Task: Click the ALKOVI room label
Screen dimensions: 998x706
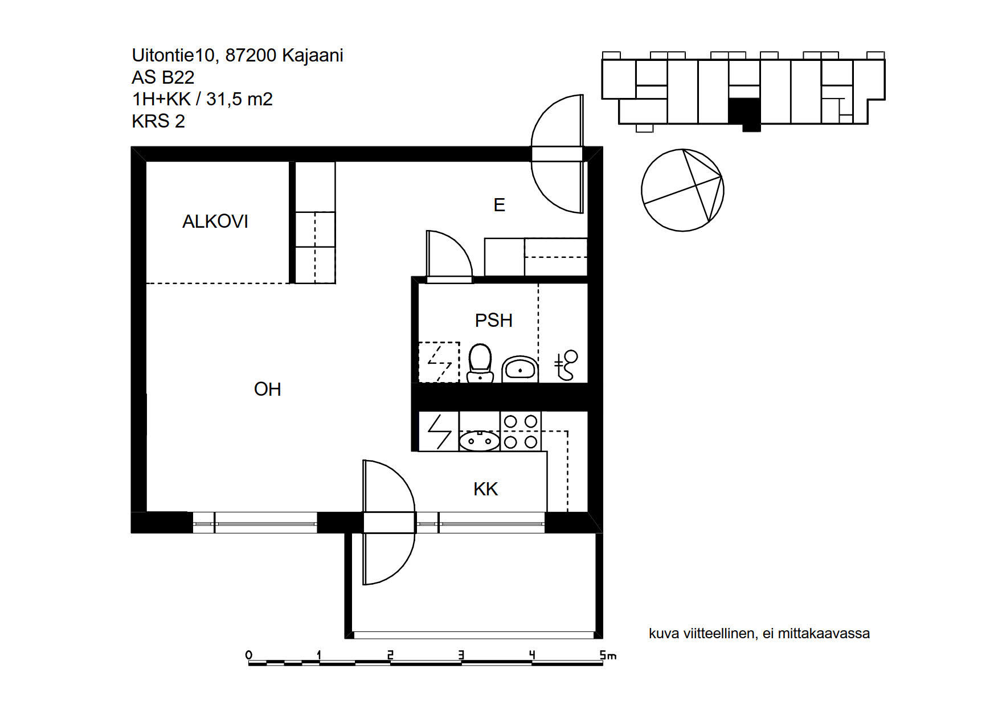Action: (x=215, y=221)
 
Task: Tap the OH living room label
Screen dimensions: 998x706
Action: (x=267, y=389)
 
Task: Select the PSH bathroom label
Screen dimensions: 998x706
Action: (x=494, y=321)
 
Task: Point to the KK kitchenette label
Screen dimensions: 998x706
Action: (x=486, y=489)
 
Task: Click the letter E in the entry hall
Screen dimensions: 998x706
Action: (x=500, y=205)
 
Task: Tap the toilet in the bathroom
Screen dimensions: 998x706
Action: (x=480, y=363)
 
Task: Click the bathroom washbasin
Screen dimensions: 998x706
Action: (x=520, y=370)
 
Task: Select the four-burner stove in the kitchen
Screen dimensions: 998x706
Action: (x=521, y=431)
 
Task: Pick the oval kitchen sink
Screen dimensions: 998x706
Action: (x=480, y=441)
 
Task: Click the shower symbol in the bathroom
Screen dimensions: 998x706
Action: (x=566, y=365)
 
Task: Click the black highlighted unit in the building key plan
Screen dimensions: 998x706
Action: (x=745, y=114)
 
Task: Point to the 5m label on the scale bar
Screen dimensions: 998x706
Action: (x=608, y=655)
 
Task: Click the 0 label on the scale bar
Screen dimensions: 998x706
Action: (x=249, y=655)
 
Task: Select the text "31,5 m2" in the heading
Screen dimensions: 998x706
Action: (x=239, y=99)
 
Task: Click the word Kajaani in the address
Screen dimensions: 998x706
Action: (x=313, y=55)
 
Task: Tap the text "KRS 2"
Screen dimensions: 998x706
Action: (x=158, y=121)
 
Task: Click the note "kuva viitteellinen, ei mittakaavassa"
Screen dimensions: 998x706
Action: (x=759, y=633)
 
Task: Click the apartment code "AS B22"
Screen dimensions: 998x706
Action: (x=163, y=77)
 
